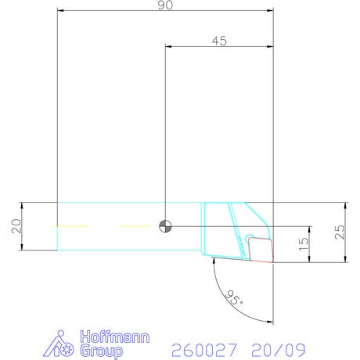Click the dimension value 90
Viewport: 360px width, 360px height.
point(165,5)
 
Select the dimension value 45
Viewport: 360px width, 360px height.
point(219,41)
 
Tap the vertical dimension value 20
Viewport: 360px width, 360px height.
point(16,226)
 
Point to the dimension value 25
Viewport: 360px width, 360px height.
point(340,232)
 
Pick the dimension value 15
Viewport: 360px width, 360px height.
point(303,244)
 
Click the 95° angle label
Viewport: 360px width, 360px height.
point(233,297)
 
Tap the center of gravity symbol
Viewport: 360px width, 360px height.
point(165,226)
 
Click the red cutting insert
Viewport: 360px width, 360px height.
point(261,250)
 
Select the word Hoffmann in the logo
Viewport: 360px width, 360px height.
point(115,337)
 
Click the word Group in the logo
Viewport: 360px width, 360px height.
point(102,351)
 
